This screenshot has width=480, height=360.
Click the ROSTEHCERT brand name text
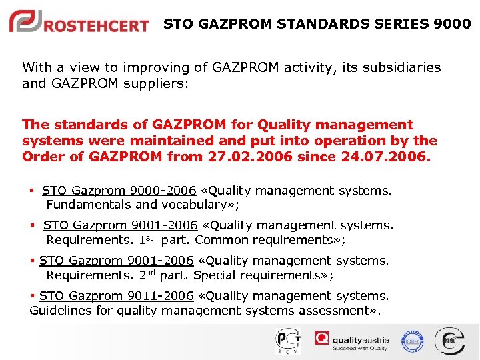(x=97, y=26)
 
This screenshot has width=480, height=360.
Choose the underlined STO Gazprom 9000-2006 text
(x=119, y=191)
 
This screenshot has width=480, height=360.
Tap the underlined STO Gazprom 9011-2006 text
(x=116, y=296)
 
